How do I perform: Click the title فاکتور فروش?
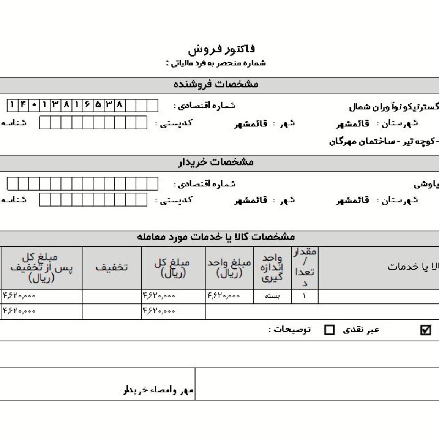[221, 49]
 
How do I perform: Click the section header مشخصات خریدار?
[216, 163]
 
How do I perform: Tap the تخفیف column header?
[112, 267]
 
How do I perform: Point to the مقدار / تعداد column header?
[305, 267]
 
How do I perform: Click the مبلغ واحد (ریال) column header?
[229, 267]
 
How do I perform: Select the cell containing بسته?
[272, 297]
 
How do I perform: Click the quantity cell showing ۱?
[304, 297]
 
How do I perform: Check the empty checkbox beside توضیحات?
[329, 330]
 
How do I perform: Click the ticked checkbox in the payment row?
[426, 330]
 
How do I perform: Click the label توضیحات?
[290, 329]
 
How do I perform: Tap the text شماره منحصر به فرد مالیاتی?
[216, 63]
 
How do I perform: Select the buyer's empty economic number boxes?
[82, 184]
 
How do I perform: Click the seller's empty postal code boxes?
[93, 123]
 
